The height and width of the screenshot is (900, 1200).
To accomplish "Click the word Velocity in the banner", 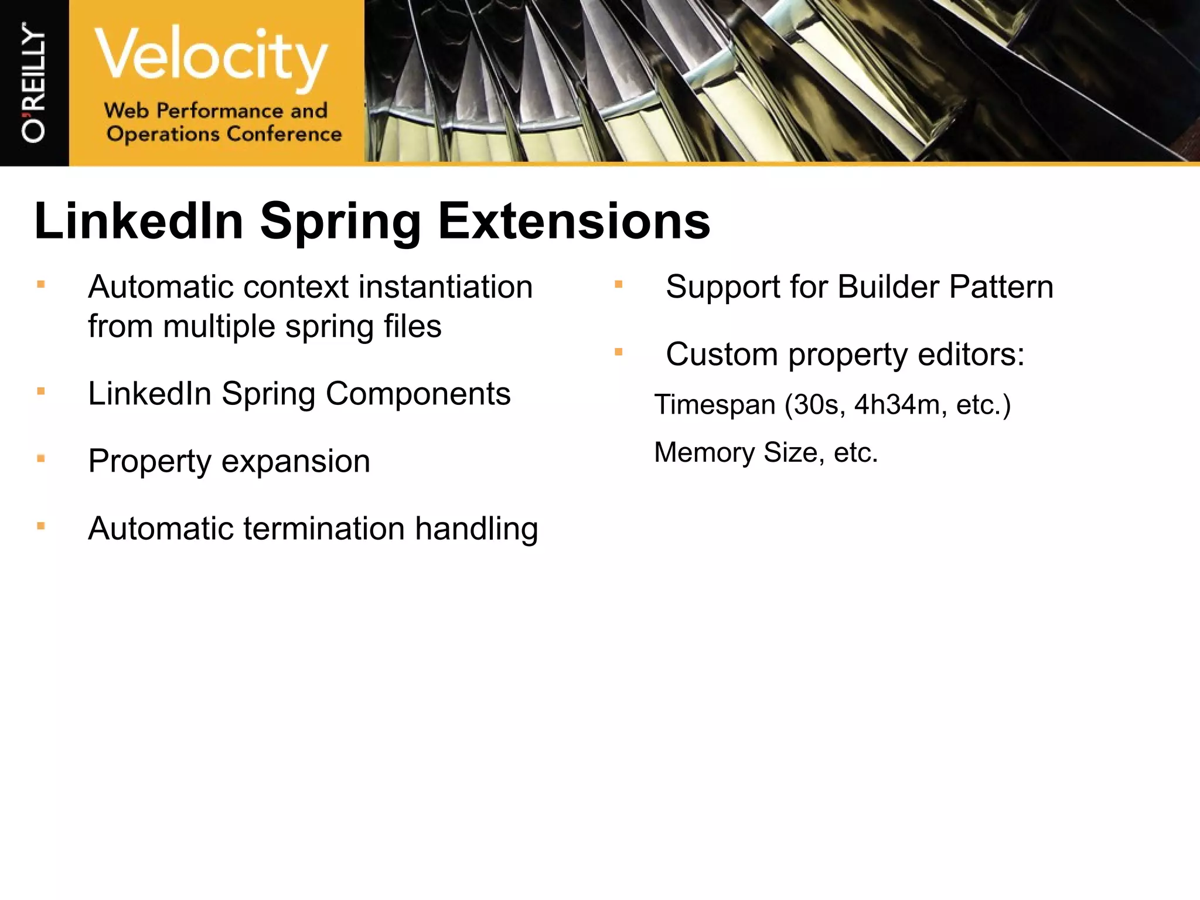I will click(211, 56).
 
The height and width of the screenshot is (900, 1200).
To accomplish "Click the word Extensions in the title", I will click(574, 221).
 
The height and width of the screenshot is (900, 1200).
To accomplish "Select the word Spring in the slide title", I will click(340, 221).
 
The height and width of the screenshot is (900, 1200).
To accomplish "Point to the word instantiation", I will click(445, 287).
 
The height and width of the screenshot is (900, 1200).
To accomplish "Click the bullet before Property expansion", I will click(41, 459).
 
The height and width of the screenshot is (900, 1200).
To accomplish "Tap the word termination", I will click(324, 529).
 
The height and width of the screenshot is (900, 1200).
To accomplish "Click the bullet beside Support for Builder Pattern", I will click(618, 285).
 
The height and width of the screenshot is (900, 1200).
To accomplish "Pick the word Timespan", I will click(715, 405).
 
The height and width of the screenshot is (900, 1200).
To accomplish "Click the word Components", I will click(418, 394).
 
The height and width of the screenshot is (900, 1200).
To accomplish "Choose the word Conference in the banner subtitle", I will click(284, 134).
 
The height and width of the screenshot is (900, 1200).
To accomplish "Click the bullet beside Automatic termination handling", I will click(41, 526).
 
